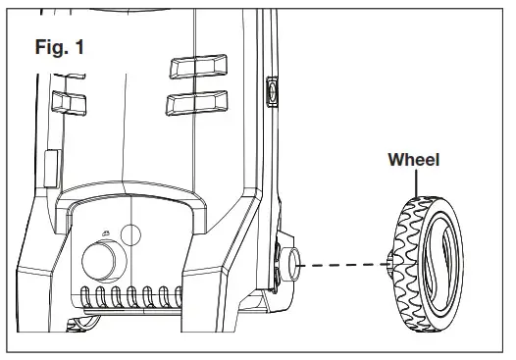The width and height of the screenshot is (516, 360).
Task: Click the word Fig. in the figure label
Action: [49, 47]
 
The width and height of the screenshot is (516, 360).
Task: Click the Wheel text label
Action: [413, 159]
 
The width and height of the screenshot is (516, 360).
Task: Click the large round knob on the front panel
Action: [101, 262]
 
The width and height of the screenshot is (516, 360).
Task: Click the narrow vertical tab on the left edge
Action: [51, 166]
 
